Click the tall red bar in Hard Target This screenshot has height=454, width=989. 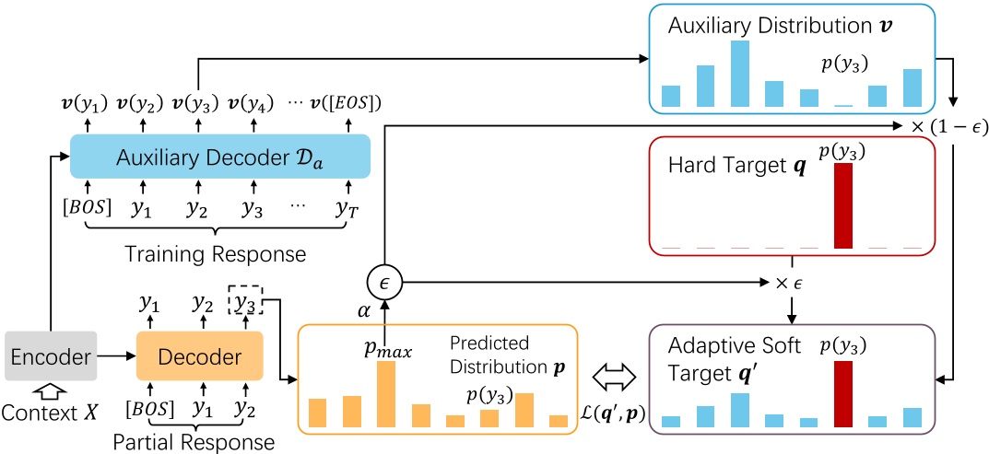pyautogui.click(x=842, y=206)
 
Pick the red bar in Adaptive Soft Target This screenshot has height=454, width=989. pyautogui.click(x=842, y=394)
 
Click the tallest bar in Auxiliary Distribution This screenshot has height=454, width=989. pyautogui.click(x=739, y=74)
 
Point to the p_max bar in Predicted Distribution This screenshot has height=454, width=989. pyautogui.click(x=385, y=394)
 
